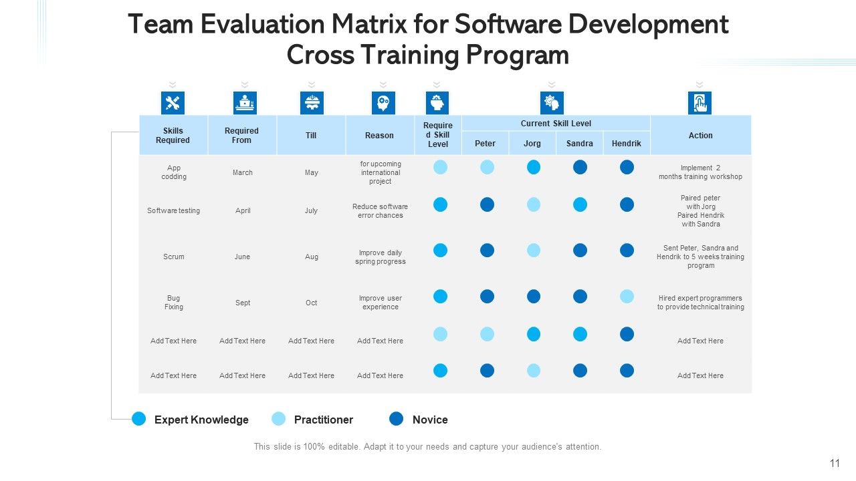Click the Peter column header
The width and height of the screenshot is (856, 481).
pyautogui.click(x=485, y=144)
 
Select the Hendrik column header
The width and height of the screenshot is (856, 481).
pyautogui.click(x=627, y=144)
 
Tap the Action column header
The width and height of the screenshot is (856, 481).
pyautogui.click(x=700, y=136)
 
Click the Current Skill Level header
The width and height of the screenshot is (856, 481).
pyautogui.click(x=556, y=124)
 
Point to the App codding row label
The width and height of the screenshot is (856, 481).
pyautogui.click(x=174, y=172)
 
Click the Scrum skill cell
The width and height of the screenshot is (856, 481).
pyautogui.click(x=173, y=257)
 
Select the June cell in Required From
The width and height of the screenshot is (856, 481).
pyautogui.click(x=242, y=257)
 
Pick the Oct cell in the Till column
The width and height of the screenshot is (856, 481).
pyautogui.click(x=312, y=303)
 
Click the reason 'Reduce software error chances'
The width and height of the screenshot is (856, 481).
pyautogui.click(x=381, y=210)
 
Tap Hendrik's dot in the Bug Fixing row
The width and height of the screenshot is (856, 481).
pyautogui.click(x=627, y=296)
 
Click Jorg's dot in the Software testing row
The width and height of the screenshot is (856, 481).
pyautogui.click(x=534, y=204)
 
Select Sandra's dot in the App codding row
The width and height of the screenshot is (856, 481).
pyautogui.click(x=580, y=167)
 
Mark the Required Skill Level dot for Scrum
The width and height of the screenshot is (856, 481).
pyautogui.click(x=440, y=251)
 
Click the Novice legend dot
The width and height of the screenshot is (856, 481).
pyautogui.click(x=397, y=419)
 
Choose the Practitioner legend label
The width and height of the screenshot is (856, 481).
pyautogui.click(x=323, y=420)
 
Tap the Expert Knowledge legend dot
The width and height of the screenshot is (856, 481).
pyautogui.click(x=138, y=419)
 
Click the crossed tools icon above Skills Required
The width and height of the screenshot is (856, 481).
pyautogui.click(x=173, y=103)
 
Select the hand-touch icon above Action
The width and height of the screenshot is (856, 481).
pyautogui.click(x=700, y=103)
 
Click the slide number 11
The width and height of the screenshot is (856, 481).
pyautogui.click(x=835, y=464)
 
